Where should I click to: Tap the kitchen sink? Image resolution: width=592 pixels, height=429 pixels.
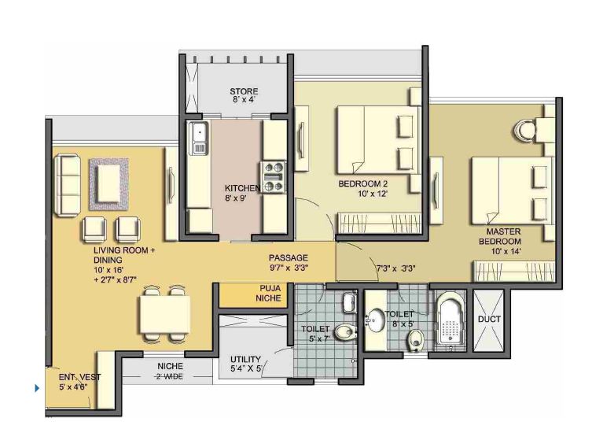199,138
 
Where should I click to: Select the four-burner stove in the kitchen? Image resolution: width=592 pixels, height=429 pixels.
273,177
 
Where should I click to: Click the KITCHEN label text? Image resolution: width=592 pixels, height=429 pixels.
242,188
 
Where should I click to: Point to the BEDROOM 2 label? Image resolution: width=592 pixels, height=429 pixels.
363,184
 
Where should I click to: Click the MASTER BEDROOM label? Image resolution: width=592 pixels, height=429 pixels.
500,236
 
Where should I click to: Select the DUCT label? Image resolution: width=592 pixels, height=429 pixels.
489,320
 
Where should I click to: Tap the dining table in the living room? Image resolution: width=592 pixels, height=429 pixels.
164,315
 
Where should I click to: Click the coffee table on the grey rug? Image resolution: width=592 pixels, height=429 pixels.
108,184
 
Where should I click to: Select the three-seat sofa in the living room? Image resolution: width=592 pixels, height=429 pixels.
68,185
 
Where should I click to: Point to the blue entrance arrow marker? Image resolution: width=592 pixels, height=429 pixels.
37,388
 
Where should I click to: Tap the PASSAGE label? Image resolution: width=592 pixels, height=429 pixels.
289,257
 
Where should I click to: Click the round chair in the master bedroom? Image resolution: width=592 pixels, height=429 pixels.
524,131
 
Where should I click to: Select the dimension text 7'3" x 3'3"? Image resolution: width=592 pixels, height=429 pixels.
395,268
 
